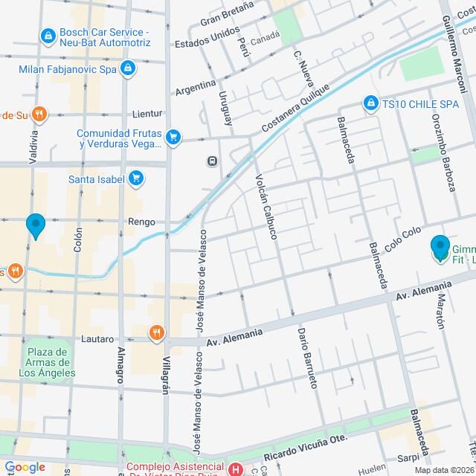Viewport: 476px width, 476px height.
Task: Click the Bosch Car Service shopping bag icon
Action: (x=48, y=35)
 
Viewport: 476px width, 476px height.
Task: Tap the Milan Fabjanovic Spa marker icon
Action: (x=129, y=69)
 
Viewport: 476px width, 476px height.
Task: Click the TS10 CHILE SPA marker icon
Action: (x=370, y=103)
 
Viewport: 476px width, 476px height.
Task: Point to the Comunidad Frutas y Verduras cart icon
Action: (x=173, y=136)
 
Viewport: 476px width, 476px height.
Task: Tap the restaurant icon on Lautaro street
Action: (x=156, y=332)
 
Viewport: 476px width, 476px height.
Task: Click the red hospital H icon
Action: (x=236, y=469)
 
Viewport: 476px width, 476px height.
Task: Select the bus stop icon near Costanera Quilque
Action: (x=213, y=160)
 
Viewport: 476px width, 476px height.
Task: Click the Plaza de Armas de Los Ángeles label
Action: (x=48, y=361)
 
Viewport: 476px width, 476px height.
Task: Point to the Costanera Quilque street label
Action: (x=292, y=115)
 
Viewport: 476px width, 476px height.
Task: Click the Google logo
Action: (x=25, y=466)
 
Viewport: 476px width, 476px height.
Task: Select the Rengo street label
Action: (x=141, y=222)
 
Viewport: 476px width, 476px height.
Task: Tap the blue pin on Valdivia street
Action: (x=35, y=225)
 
